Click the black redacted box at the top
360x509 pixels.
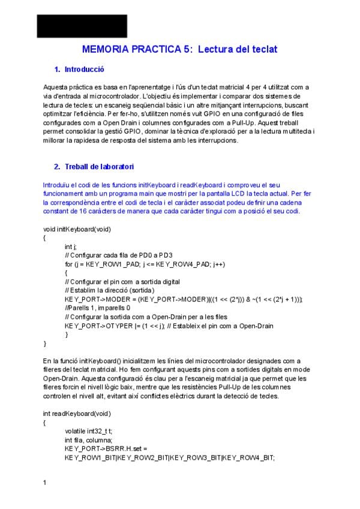[82, 26]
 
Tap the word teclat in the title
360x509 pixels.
[263, 49]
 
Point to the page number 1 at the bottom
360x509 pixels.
[45, 482]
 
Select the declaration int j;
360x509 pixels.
[71, 247]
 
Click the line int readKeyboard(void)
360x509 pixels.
[77, 414]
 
